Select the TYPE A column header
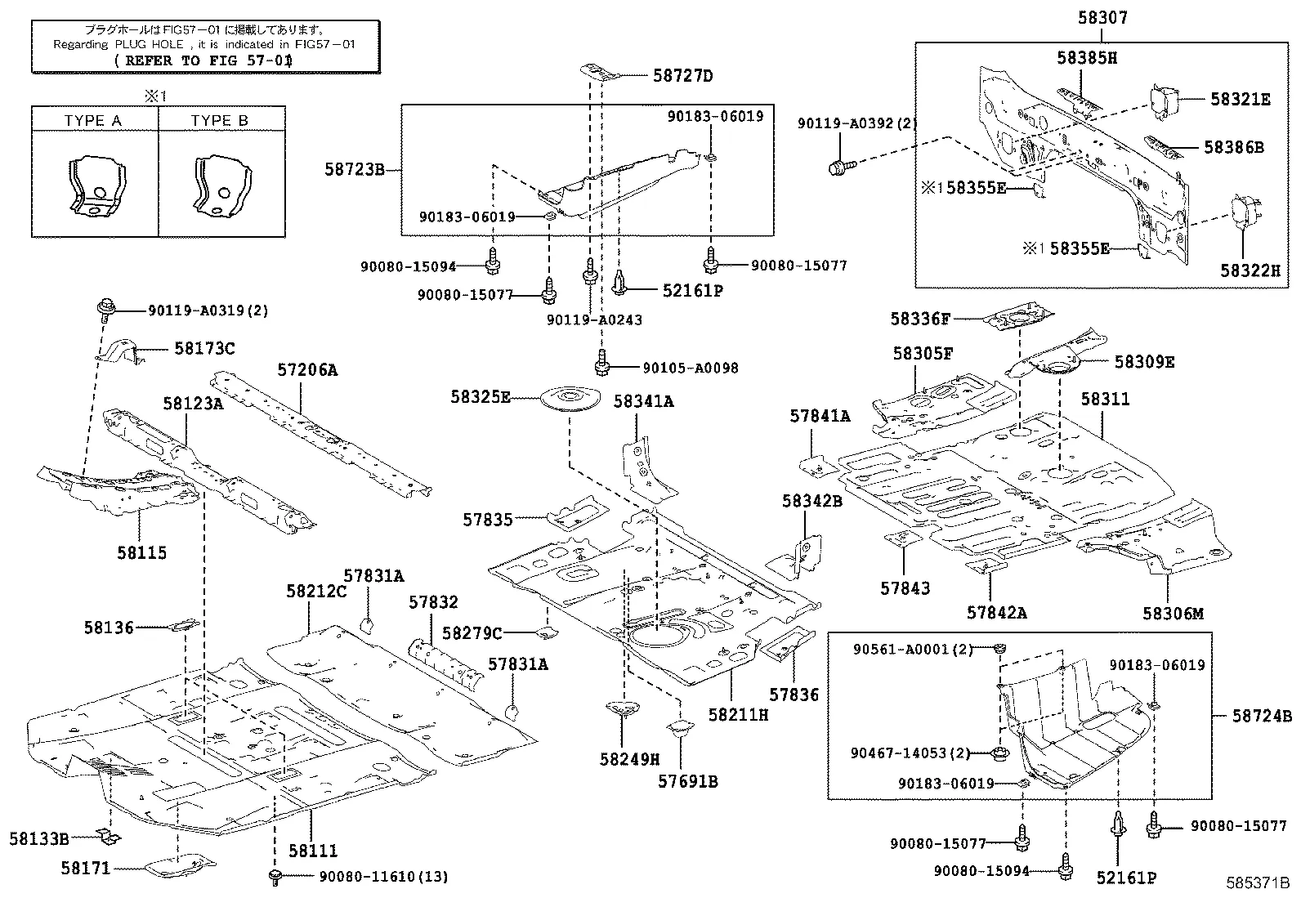click(x=93, y=120)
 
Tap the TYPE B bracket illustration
click(x=220, y=187)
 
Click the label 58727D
click(x=682, y=77)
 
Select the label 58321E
click(x=1240, y=99)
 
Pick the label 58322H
click(x=1250, y=270)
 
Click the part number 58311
click(x=1105, y=400)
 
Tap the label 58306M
click(x=1173, y=614)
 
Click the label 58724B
click(x=1262, y=717)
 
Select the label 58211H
click(x=738, y=714)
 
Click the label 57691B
click(x=687, y=781)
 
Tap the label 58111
click(x=312, y=851)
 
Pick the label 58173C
click(x=204, y=349)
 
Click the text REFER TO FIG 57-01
click(x=203, y=60)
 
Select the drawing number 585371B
click(x=1256, y=883)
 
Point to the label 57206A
click(x=306, y=369)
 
